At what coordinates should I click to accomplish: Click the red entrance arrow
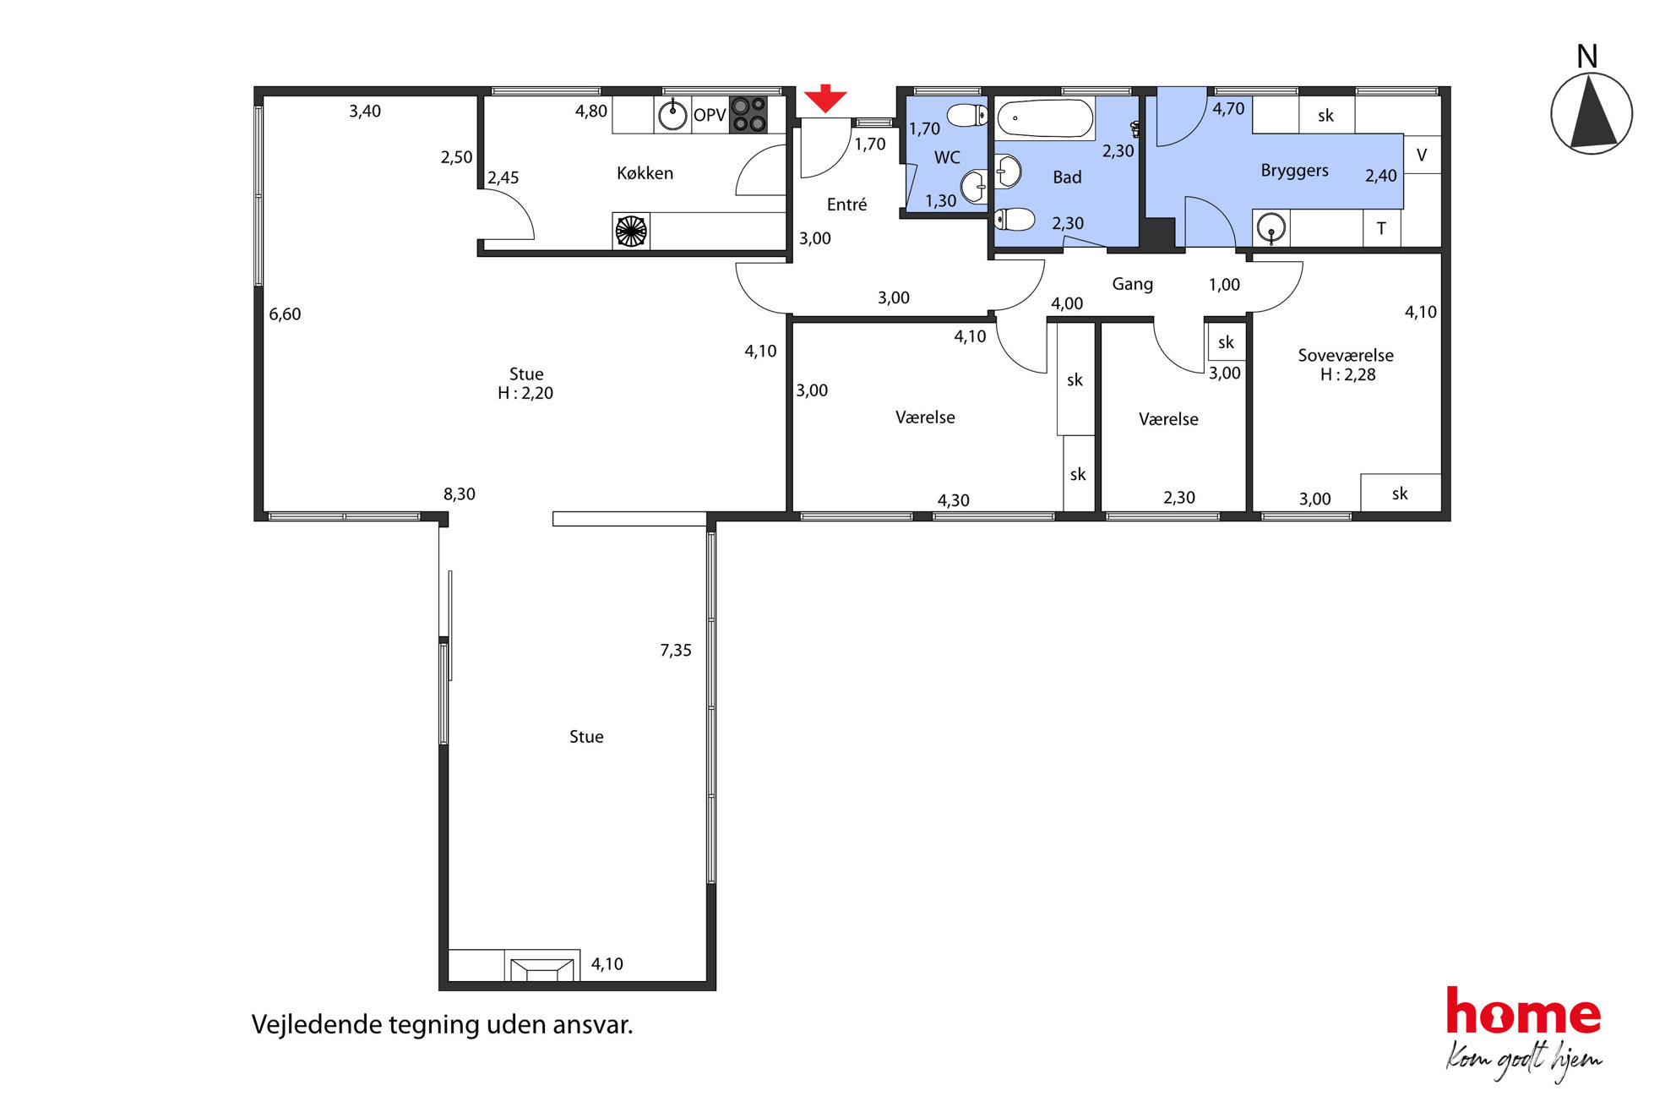(824, 98)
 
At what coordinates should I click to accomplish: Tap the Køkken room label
(645, 173)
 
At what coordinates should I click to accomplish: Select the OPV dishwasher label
(710, 115)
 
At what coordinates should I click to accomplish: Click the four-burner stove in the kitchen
(748, 115)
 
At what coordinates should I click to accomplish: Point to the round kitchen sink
(672, 115)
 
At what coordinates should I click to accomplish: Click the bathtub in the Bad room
(1044, 118)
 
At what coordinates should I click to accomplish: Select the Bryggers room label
(1294, 170)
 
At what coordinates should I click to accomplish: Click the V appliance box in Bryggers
(1422, 154)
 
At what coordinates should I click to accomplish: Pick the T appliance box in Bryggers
(1381, 228)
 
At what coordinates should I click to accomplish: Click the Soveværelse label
(1346, 355)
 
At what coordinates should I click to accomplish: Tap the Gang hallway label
(1132, 284)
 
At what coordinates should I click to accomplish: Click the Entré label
(846, 205)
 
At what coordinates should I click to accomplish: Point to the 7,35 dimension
(676, 650)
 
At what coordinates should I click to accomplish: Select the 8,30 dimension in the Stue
(460, 494)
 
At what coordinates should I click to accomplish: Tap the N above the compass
(1586, 57)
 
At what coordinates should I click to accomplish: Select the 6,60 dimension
(285, 314)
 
